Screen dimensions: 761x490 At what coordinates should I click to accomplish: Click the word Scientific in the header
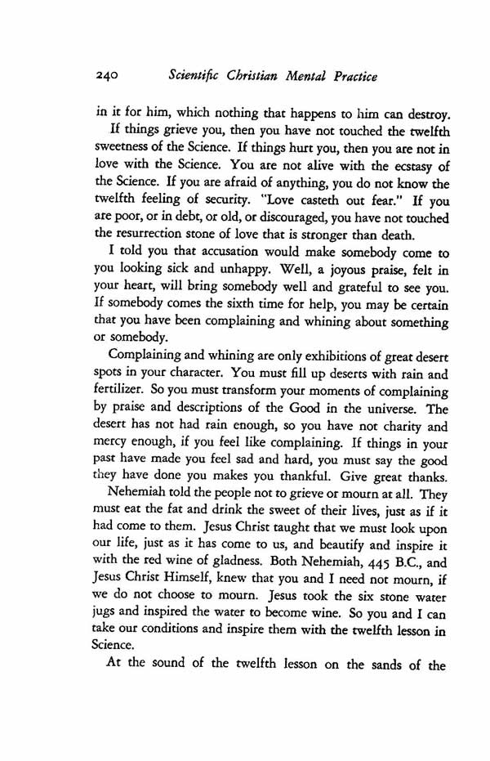coord(194,77)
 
